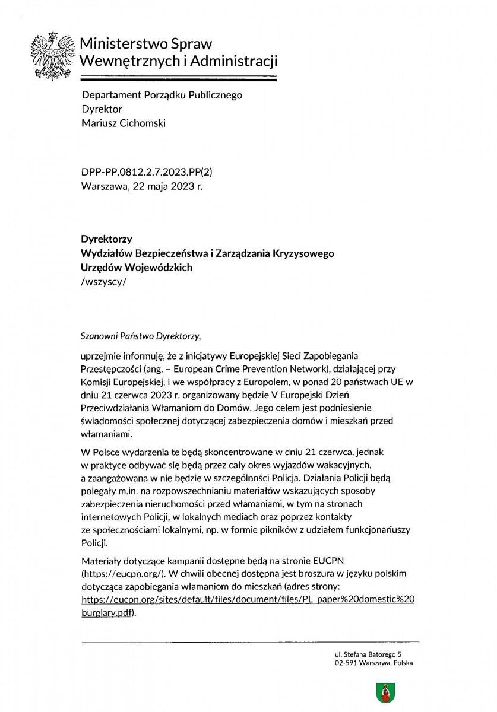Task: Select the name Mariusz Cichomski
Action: coord(124,123)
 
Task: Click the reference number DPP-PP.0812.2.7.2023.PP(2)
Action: coord(147,172)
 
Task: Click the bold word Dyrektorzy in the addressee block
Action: coord(106,239)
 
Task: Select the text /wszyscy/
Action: coord(103,282)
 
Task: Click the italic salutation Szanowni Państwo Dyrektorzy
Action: coord(141,335)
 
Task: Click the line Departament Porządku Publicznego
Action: coord(162,95)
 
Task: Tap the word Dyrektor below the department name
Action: coord(102,109)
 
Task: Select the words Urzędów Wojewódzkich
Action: coord(137,268)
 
